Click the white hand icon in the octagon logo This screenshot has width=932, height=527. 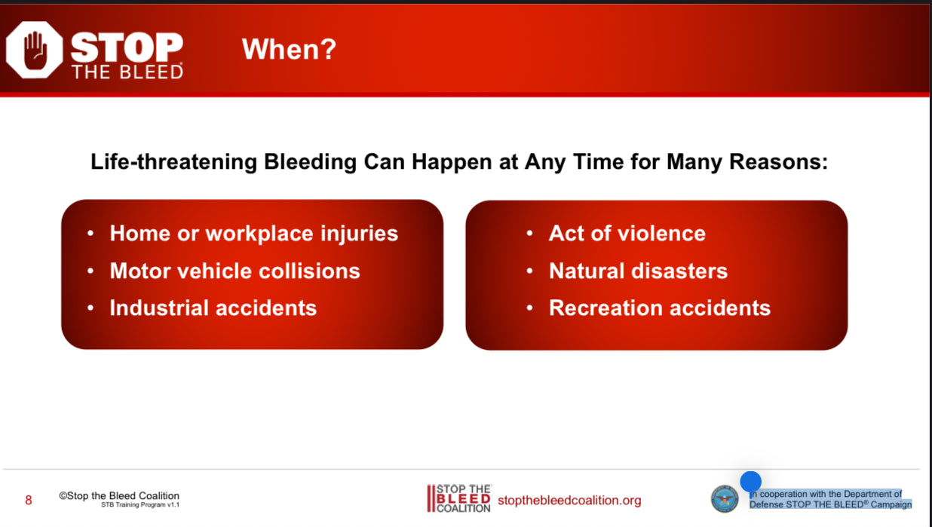pyautogui.click(x=35, y=51)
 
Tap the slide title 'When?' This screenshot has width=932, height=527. pyautogui.click(x=289, y=49)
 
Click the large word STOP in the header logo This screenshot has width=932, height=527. pyautogui.click(x=127, y=47)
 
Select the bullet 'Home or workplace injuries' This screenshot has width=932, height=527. pyautogui.click(x=254, y=234)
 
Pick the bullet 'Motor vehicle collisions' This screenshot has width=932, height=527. pyautogui.click(x=235, y=271)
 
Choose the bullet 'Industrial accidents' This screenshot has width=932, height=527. pyautogui.click(x=213, y=308)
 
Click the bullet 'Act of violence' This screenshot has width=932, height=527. pyautogui.click(x=627, y=233)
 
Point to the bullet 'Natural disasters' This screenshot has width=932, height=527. pyautogui.click(x=638, y=271)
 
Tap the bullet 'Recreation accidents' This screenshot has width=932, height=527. pyautogui.click(x=660, y=308)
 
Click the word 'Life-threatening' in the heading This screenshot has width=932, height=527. pyautogui.click(x=173, y=162)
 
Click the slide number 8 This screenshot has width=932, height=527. pyautogui.click(x=29, y=500)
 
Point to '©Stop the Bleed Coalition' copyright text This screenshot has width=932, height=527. pyautogui.click(x=119, y=496)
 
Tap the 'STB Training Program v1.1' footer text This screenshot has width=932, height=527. pyautogui.click(x=140, y=505)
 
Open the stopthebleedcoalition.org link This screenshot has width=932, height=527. pyautogui.click(x=569, y=501)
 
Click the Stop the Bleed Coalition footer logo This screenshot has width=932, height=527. pyautogui.click(x=459, y=498)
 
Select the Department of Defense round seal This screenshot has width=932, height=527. pyautogui.click(x=725, y=498)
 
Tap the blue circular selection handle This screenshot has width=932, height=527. pyautogui.click(x=750, y=482)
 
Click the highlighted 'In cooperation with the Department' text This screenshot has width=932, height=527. pyautogui.click(x=826, y=494)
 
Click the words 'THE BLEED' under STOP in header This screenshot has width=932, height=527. pyautogui.click(x=127, y=72)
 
